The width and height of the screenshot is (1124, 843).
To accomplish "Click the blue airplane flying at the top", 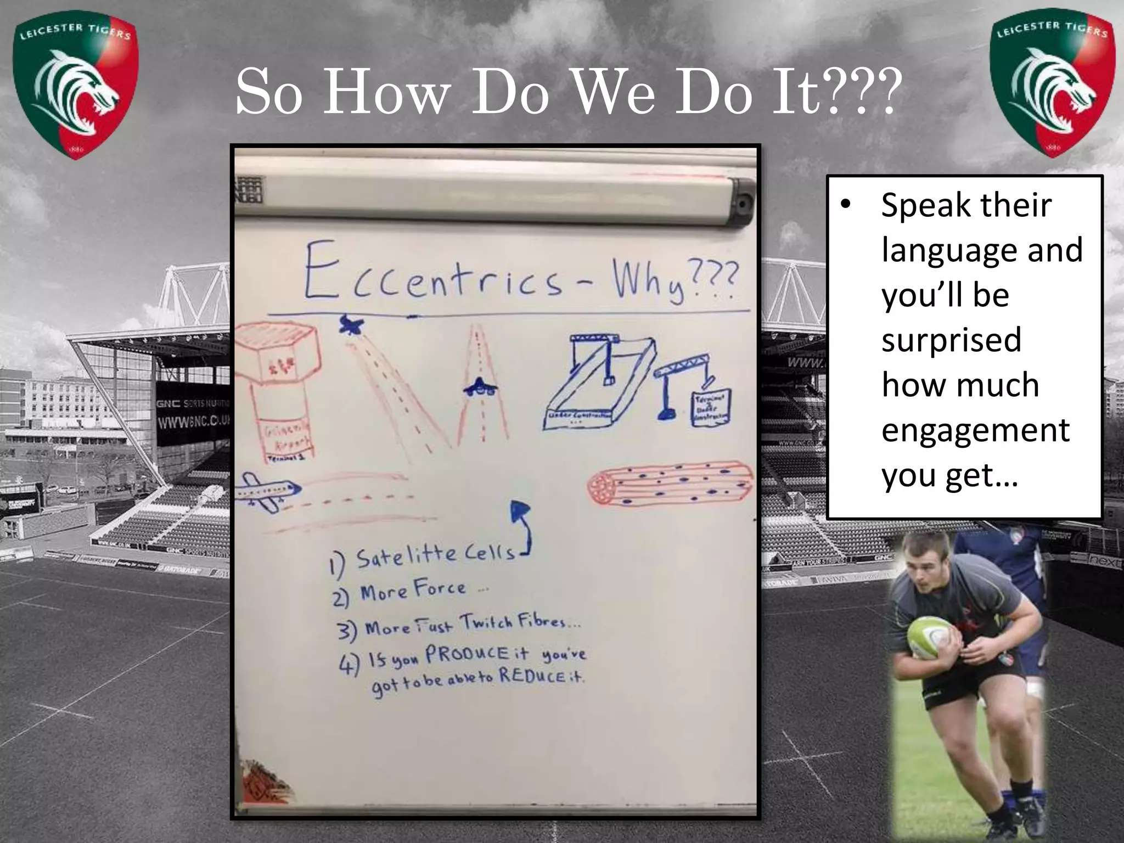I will [x=350, y=325].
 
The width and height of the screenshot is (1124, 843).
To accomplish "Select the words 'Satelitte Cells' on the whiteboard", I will [x=436, y=555].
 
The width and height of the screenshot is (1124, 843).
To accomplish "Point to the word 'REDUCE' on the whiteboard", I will [x=531, y=676].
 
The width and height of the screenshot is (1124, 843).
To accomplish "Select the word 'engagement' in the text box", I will [x=975, y=429].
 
